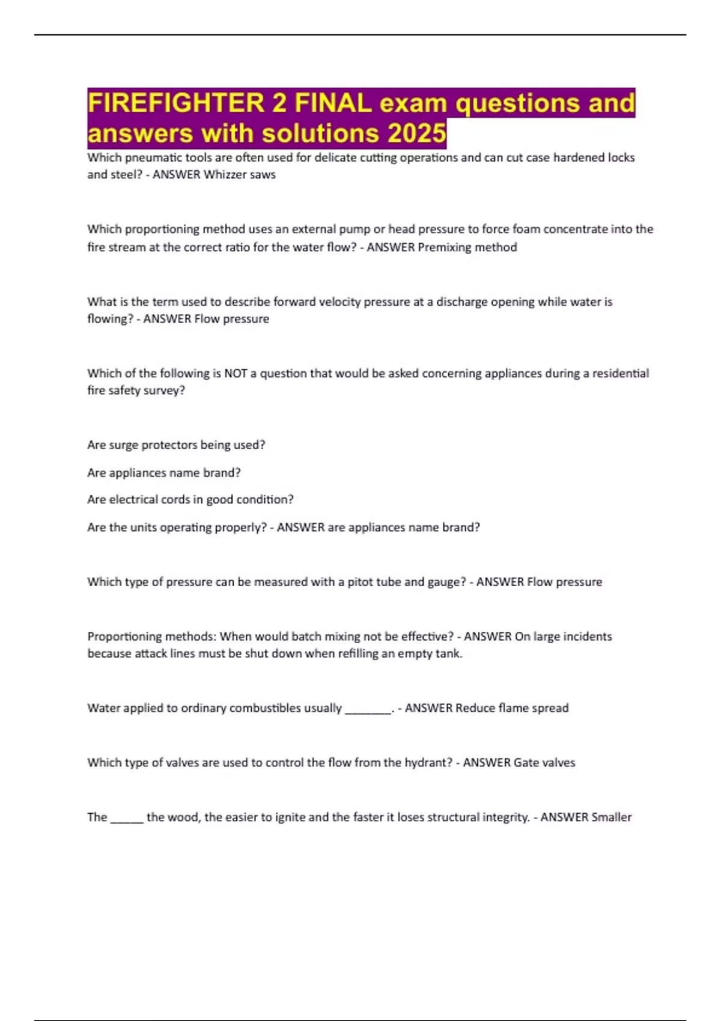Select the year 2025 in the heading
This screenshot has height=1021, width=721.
coord(416,133)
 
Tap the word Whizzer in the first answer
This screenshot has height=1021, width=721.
coord(225,175)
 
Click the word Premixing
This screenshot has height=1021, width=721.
coord(445,247)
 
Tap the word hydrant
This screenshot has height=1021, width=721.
coord(429,763)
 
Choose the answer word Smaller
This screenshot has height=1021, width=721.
coord(611,817)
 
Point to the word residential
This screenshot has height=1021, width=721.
coord(620,373)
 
